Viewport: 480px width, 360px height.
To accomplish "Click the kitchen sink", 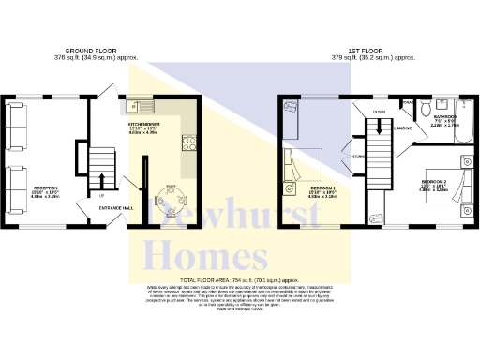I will point(141,106).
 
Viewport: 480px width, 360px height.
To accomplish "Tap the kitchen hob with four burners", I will point(187,142).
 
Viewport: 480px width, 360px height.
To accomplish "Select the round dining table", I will point(171,201).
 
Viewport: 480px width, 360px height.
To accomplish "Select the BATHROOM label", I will point(444,116).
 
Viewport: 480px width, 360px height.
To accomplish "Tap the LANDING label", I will point(404,128).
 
